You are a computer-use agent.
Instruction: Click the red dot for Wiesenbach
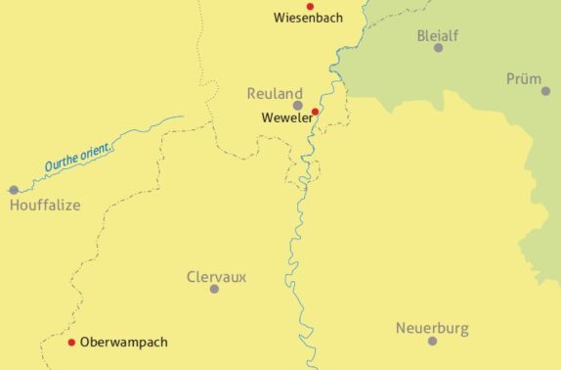pos(310,6)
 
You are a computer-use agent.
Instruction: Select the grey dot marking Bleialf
pos(438,47)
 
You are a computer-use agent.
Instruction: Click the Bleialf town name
pos(437,34)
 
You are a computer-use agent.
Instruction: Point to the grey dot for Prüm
pos(545,91)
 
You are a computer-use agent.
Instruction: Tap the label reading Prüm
pos(524,78)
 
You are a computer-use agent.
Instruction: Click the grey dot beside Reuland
pos(298,105)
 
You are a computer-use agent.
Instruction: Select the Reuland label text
pos(275,93)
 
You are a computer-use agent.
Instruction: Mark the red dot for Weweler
pos(315,112)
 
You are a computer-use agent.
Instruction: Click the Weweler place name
pos(285,118)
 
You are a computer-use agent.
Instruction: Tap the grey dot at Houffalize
pos(14,190)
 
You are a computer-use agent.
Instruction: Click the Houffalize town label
pos(45,206)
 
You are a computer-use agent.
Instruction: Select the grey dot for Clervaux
pos(214,289)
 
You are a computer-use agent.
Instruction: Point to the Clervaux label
pos(216,276)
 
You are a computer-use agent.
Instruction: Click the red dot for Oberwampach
pos(71,343)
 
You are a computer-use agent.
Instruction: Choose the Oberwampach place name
pos(124,343)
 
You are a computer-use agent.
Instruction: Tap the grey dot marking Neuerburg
pos(432,341)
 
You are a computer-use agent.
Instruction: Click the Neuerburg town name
pos(432,327)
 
